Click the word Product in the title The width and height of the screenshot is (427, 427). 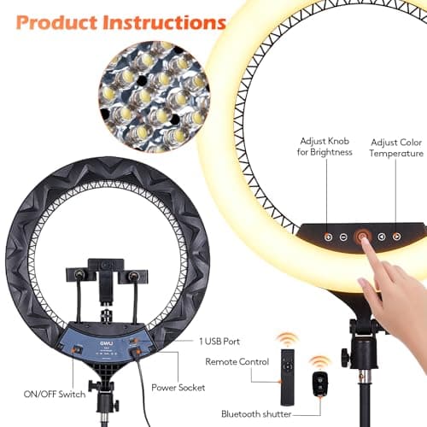tap(56, 22)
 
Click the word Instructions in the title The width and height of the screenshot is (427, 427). tap(164, 22)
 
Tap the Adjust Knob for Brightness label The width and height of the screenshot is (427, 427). tap(325, 147)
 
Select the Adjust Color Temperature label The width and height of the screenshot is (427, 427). tap(396, 148)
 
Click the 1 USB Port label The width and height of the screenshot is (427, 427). tap(219, 342)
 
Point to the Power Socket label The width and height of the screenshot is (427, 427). tap(178, 388)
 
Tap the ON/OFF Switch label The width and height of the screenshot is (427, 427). tap(55, 395)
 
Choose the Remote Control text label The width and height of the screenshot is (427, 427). tap(237, 362)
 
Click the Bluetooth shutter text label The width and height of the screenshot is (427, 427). tap(256, 413)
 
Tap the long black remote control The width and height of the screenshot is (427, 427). tap(288, 377)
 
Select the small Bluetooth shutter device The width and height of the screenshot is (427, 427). tap(320, 383)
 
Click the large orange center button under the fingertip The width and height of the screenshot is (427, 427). tap(362, 236)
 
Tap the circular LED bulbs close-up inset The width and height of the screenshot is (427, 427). tap(155, 97)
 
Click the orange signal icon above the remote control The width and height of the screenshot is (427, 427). tap(288, 339)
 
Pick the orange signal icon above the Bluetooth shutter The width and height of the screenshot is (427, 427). tap(320, 363)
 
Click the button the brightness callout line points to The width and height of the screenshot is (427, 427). tap(328, 237)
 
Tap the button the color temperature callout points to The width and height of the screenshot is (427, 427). tap(396, 237)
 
